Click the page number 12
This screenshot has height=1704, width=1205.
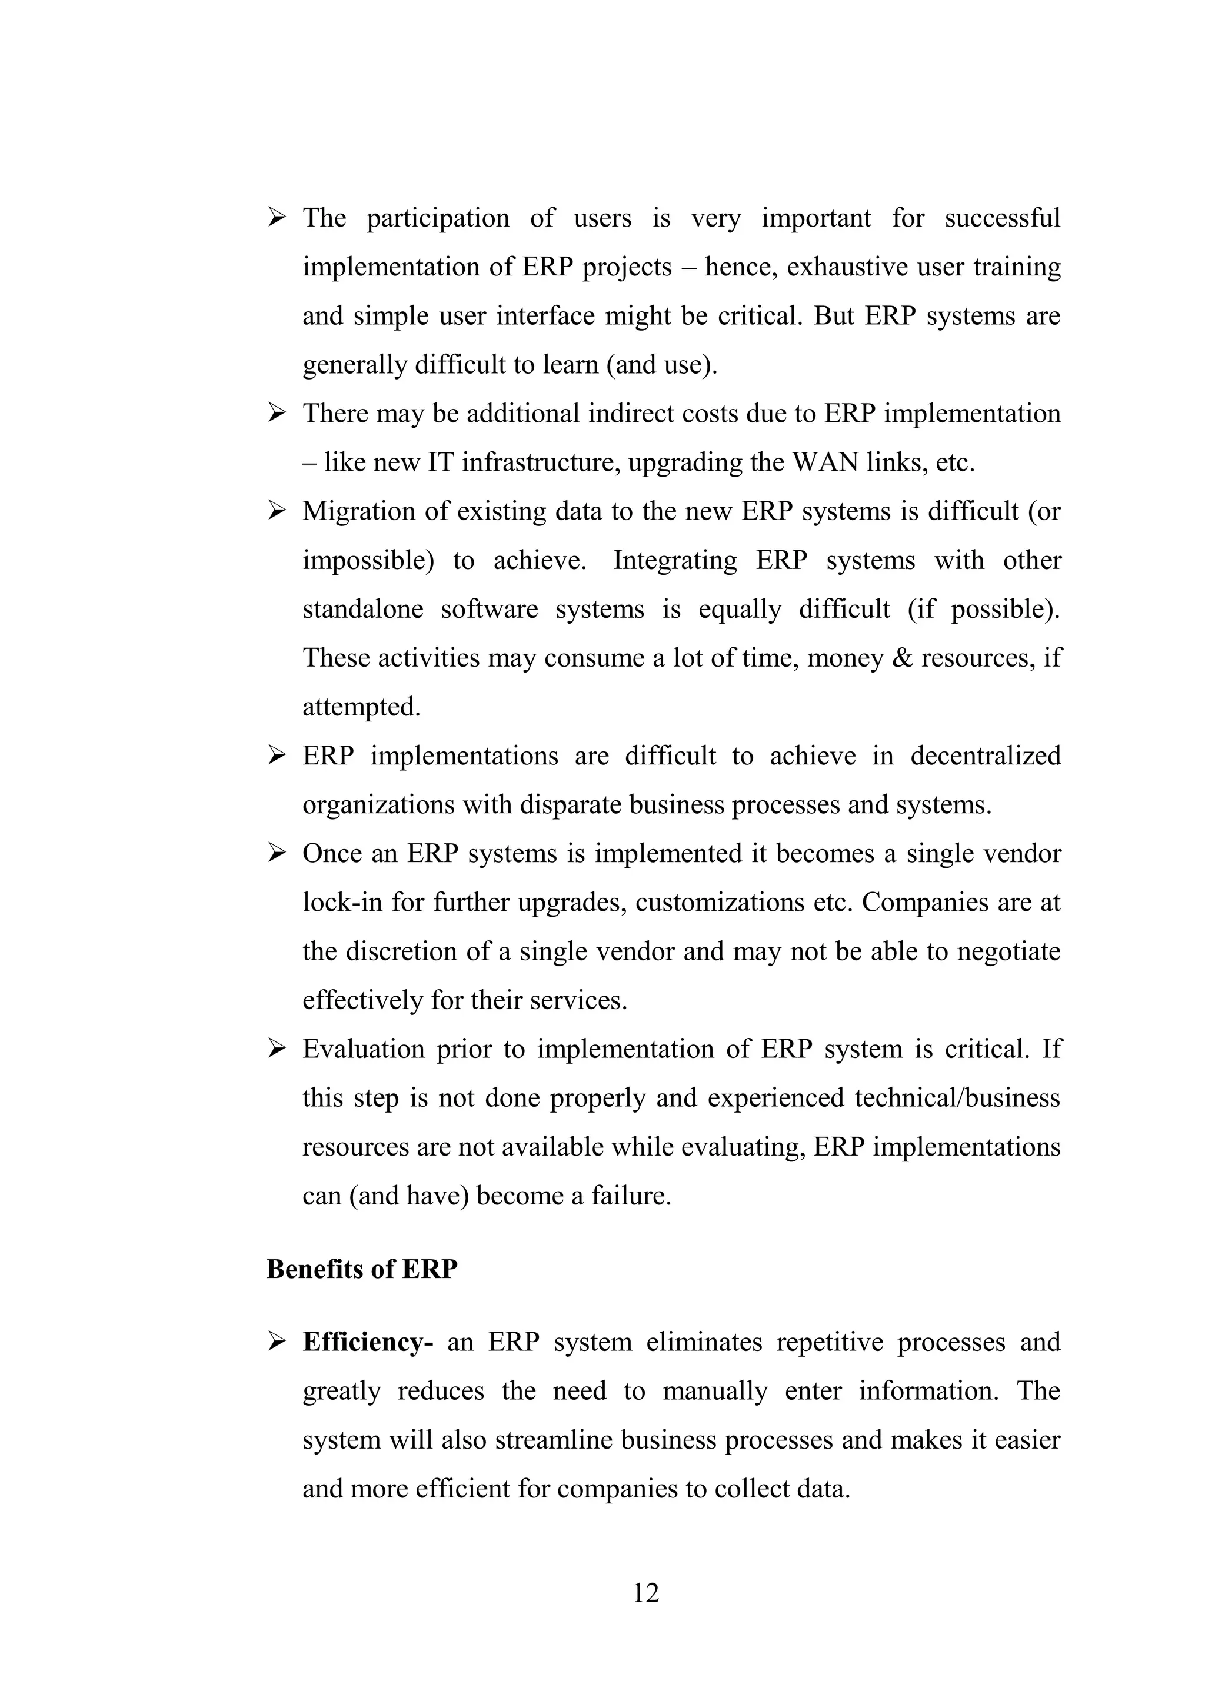(645, 1593)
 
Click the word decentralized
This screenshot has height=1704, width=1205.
(986, 756)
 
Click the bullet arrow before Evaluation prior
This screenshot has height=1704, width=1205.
(277, 1049)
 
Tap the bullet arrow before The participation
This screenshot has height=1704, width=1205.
(277, 218)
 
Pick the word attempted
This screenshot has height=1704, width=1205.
(361, 707)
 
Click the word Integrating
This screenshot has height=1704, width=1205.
(674, 560)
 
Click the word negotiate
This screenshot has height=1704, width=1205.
(1008, 951)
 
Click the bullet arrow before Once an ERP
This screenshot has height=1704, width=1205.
(277, 854)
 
